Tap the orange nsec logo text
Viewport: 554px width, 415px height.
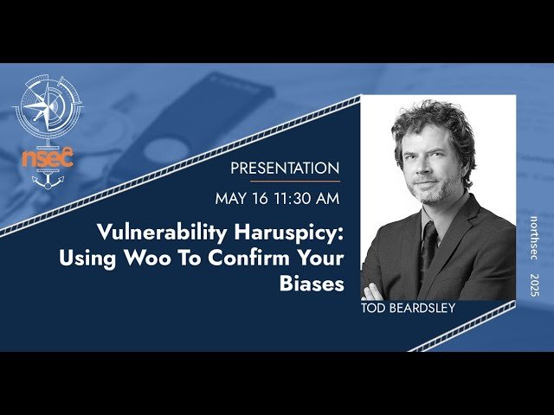pos(48,159)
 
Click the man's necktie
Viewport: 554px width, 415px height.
pos(429,246)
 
